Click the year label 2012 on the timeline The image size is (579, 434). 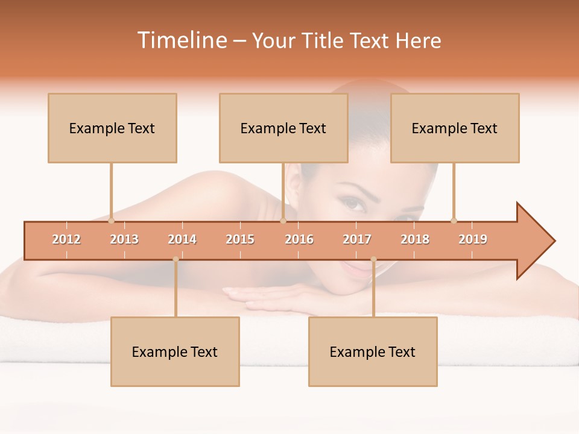pyautogui.click(x=66, y=239)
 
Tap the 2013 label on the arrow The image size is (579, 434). pyautogui.click(x=124, y=239)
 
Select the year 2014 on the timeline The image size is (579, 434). pyautogui.click(x=182, y=239)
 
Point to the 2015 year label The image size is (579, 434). pyautogui.click(x=240, y=239)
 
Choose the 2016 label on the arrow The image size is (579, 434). pyautogui.click(x=299, y=239)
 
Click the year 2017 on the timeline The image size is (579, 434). pyautogui.click(x=357, y=239)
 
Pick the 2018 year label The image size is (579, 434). pyautogui.click(x=415, y=239)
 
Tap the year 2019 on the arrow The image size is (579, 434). pyautogui.click(x=473, y=239)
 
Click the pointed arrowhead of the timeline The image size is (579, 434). pyautogui.click(x=537, y=241)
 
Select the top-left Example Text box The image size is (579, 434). pyautogui.click(x=112, y=128)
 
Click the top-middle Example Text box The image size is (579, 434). pyautogui.click(x=283, y=128)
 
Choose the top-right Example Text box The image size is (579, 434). pyautogui.click(x=455, y=128)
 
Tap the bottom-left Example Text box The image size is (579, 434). pyautogui.click(x=175, y=351)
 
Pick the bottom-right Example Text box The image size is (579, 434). pyautogui.click(x=373, y=351)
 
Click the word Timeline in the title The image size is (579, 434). pyautogui.click(x=182, y=40)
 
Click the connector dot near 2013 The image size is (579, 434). pyautogui.click(x=111, y=221)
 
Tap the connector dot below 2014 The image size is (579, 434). pyautogui.click(x=176, y=259)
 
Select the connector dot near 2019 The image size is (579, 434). pyautogui.click(x=454, y=221)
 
